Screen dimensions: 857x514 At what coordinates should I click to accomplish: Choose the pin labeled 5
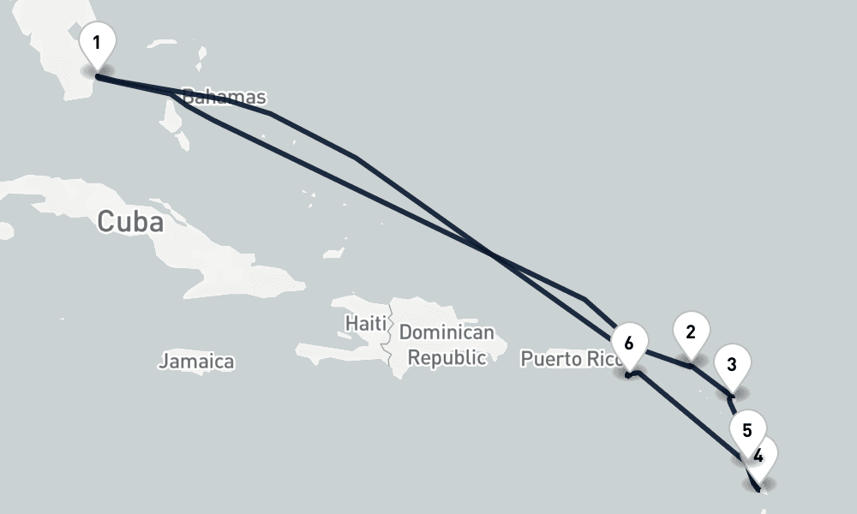pyautogui.click(x=747, y=431)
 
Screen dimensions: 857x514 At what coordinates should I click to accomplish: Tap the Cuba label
pyautogui.click(x=130, y=221)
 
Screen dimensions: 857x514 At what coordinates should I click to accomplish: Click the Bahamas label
pyautogui.click(x=225, y=98)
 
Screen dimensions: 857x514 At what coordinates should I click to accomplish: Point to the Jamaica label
pyautogui.click(x=196, y=362)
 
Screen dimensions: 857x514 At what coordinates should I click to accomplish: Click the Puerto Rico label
pyautogui.click(x=569, y=358)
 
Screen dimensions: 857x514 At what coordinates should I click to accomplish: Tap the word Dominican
pyautogui.click(x=446, y=332)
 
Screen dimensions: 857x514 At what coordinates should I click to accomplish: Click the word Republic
pyautogui.click(x=446, y=356)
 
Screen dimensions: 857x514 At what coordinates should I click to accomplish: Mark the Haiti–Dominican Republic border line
pyautogui.click(x=391, y=343)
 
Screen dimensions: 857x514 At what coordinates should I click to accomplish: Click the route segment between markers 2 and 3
pyautogui.click(x=711, y=380)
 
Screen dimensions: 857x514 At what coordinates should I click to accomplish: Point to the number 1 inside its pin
pyautogui.click(x=97, y=42)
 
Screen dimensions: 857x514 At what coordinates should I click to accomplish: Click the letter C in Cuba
pyautogui.click(x=106, y=221)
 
